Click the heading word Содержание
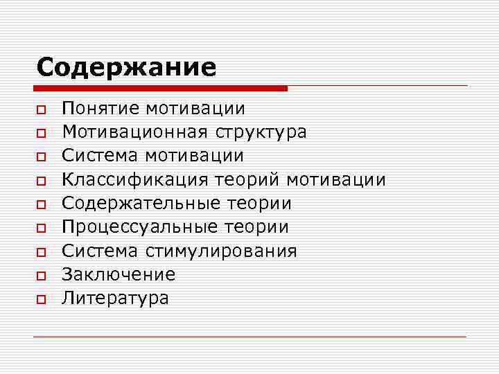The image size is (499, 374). coord(126,67)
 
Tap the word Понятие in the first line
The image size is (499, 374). coord(101,108)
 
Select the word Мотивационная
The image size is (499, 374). coord(135,132)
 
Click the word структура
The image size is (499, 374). coord(261,132)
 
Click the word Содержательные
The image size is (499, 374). coord(141,204)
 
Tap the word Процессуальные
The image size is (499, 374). coord(139,227)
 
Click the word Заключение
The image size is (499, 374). coord(119,274)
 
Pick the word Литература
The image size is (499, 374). coord(115,299)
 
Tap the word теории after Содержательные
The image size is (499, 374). coord(259,204)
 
